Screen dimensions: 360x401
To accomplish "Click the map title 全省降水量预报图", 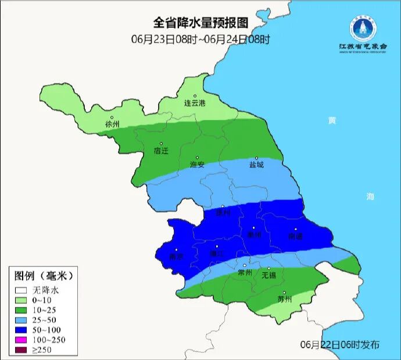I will (x=201, y=23).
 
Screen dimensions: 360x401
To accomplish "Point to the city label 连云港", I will (x=195, y=103).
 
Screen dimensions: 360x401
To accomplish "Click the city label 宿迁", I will (x=161, y=151).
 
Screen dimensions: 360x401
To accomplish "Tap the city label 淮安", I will (x=198, y=165).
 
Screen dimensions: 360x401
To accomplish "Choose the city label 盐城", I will (x=256, y=165).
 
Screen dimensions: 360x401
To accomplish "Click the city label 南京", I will (x=176, y=256).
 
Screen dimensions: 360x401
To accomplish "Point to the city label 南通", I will (x=295, y=236).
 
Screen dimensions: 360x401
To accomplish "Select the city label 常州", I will (x=245, y=272).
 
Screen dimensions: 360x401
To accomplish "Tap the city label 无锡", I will (x=268, y=275).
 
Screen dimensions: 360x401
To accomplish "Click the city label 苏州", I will (x=284, y=299).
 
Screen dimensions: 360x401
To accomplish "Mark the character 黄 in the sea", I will (x=331, y=120).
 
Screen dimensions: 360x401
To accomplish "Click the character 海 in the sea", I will (x=370, y=197).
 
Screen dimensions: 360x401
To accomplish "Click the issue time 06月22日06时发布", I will (x=340, y=344).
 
